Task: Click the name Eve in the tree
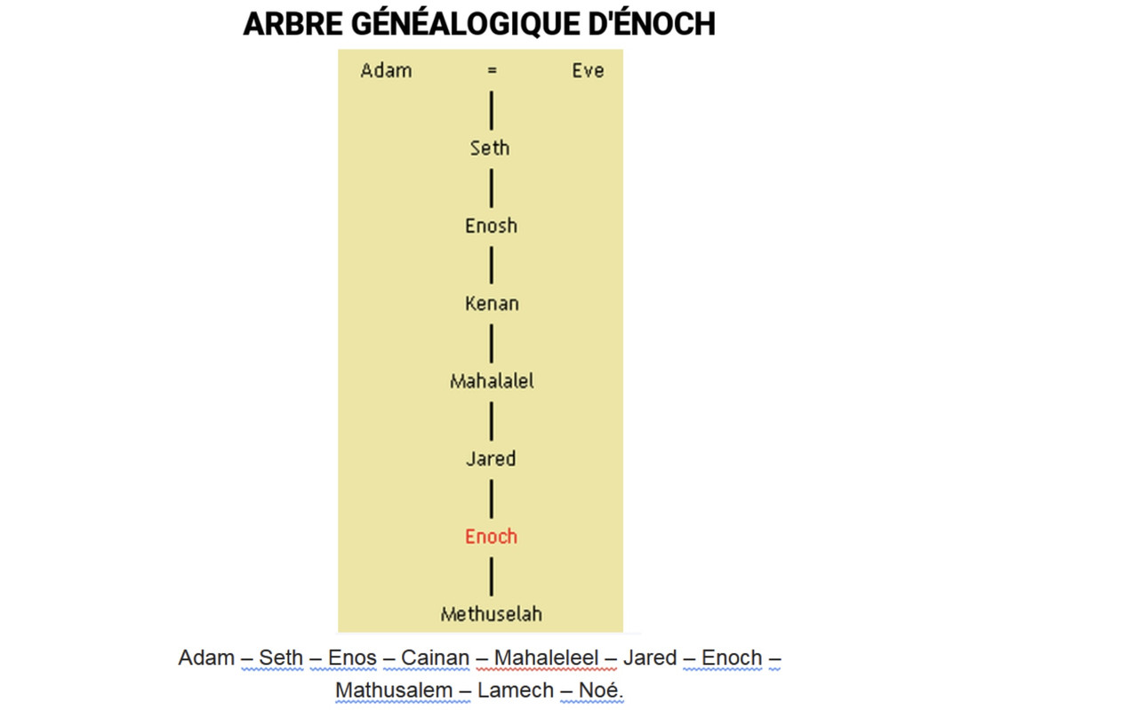pyautogui.click(x=588, y=70)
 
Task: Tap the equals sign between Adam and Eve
pyautogui.click(x=492, y=71)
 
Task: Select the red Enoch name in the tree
pyautogui.click(x=491, y=537)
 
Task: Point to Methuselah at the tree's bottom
pyautogui.click(x=492, y=614)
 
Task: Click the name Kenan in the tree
pyautogui.click(x=492, y=304)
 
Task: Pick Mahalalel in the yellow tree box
pyautogui.click(x=492, y=382)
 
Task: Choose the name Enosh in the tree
pyautogui.click(x=491, y=226)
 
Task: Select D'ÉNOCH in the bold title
pyautogui.click(x=652, y=25)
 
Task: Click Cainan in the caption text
pyautogui.click(x=435, y=658)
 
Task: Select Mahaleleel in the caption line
pyautogui.click(x=546, y=658)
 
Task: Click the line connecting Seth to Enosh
pyautogui.click(x=492, y=187)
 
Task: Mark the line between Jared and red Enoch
pyautogui.click(x=492, y=498)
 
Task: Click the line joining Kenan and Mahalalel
pyautogui.click(x=492, y=343)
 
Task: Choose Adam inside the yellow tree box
pyautogui.click(x=386, y=70)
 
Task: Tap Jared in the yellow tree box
pyautogui.click(x=491, y=459)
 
